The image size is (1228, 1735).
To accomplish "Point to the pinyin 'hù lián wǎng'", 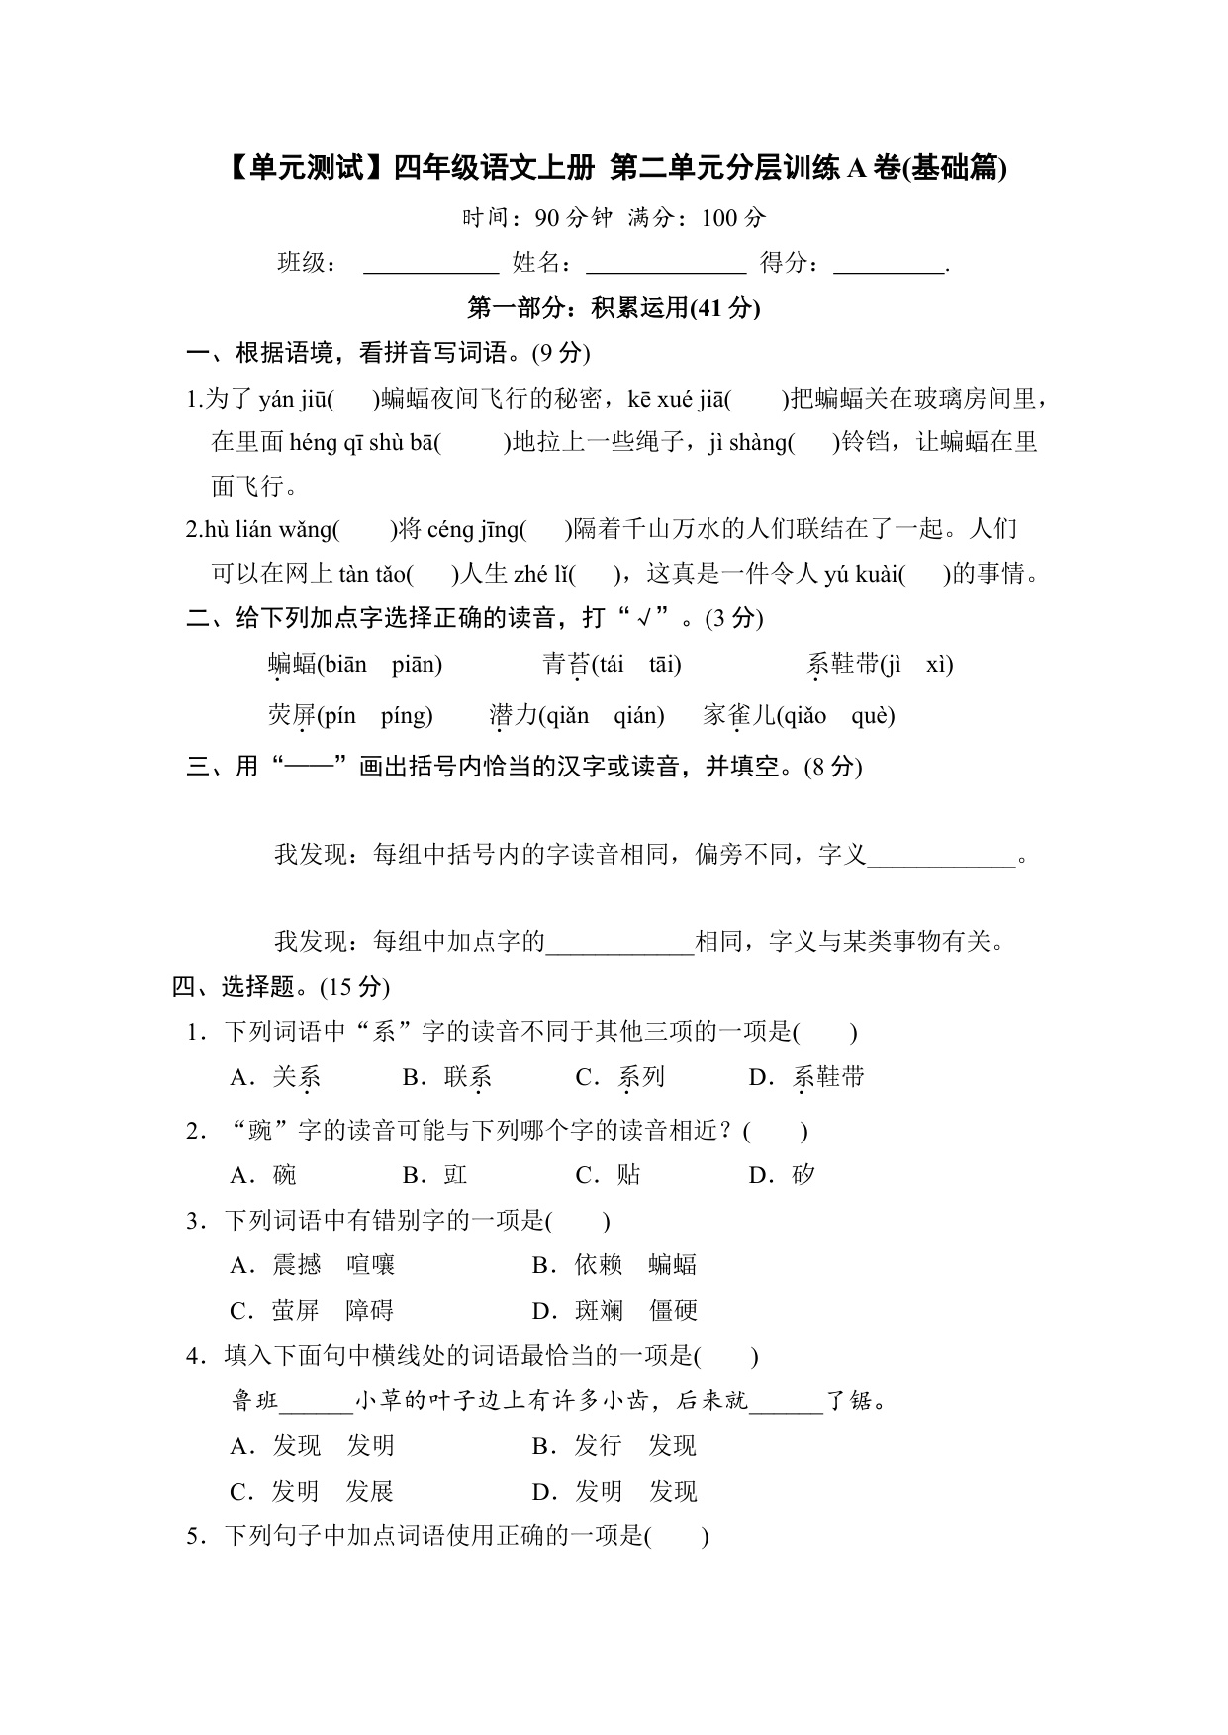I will coord(269,530).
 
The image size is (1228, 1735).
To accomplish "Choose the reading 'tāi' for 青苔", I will coord(663,665).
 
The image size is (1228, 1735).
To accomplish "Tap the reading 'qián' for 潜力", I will coord(637,716).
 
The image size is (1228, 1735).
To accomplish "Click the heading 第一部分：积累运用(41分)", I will coord(614,308).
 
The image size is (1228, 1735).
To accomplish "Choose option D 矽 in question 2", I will coord(803,1175).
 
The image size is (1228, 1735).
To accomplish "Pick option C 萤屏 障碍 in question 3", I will coord(331,1311).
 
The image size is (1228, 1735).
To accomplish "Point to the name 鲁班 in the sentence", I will coord(255,1401).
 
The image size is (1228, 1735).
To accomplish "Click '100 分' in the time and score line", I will coord(733,218).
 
